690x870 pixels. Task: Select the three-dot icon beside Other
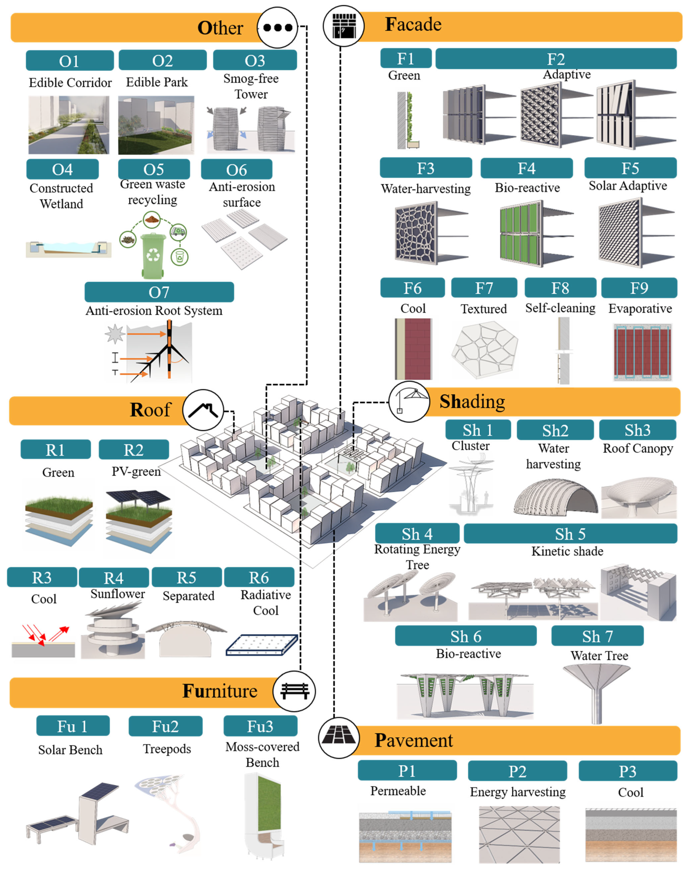click(x=277, y=27)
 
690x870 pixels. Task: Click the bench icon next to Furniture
click(x=294, y=691)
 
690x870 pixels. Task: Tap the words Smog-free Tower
click(x=251, y=86)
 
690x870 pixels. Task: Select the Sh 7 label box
click(x=597, y=636)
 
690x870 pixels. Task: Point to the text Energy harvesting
click(x=518, y=792)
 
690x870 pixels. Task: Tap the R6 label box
click(x=259, y=577)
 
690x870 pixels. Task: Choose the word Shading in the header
click(x=472, y=401)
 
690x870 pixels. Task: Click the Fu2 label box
click(x=165, y=726)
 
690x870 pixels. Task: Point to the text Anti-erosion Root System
click(x=154, y=311)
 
